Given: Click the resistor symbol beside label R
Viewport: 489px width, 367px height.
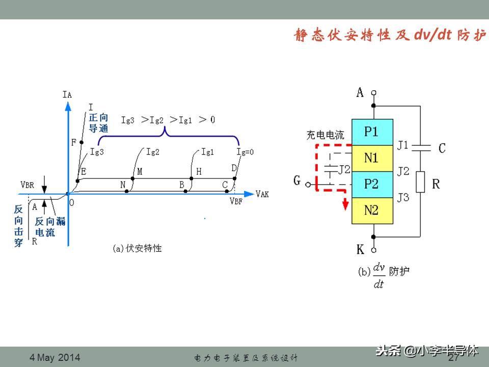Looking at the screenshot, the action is click(420, 182).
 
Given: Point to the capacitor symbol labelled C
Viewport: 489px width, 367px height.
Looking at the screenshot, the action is click(420, 148).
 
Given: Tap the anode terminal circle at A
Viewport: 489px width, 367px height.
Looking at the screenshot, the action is click(373, 93).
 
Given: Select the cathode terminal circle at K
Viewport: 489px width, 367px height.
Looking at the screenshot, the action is click(373, 250).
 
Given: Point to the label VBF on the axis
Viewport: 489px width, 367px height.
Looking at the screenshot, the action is click(236, 201).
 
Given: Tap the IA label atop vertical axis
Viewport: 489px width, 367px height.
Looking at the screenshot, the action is click(67, 94).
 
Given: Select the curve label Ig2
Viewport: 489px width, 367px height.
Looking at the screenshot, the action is click(152, 151).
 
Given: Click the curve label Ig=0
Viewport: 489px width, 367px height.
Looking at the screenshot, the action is click(245, 151).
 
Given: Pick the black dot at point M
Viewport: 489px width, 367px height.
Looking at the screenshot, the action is click(132, 178).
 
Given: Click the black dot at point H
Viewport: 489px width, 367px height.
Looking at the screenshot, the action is click(192, 178).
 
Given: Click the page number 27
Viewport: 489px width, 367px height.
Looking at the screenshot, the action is click(453, 358).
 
